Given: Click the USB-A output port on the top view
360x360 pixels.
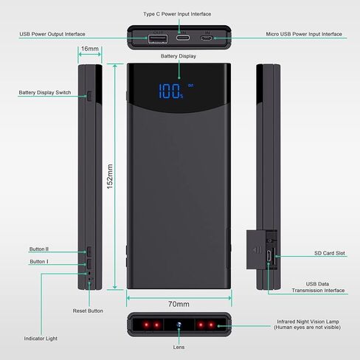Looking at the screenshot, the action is click(158, 39).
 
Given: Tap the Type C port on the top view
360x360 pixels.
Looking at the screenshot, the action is click(183, 38).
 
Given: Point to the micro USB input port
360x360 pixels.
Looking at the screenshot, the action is click(206, 38).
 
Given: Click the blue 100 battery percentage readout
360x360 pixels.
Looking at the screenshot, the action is click(170, 91).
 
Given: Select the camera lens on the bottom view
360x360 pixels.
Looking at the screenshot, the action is click(179, 325).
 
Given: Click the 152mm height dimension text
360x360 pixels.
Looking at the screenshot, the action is click(110, 176).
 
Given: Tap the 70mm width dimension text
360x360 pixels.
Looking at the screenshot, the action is click(179, 304).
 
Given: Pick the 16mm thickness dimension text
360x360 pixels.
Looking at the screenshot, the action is click(90, 49).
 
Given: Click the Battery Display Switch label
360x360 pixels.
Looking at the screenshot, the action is click(45, 92).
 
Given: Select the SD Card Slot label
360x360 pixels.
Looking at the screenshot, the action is click(330, 253).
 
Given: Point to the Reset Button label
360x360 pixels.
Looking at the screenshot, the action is click(88, 311).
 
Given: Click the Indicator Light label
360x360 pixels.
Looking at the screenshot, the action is click(41, 339).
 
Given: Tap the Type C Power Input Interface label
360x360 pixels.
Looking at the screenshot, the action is click(177, 14).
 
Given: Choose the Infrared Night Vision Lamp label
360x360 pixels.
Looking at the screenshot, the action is click(308, 325).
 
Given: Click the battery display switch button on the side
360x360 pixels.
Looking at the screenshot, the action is click(89, 96).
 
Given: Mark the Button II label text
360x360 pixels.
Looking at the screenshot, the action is click(39, 249).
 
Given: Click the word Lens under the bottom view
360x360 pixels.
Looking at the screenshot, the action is click(179, 347).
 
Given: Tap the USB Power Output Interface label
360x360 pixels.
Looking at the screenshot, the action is click(52, 34).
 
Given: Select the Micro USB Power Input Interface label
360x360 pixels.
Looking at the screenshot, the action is click(304, 34).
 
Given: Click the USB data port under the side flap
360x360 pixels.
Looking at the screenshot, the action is click(269, 256).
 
